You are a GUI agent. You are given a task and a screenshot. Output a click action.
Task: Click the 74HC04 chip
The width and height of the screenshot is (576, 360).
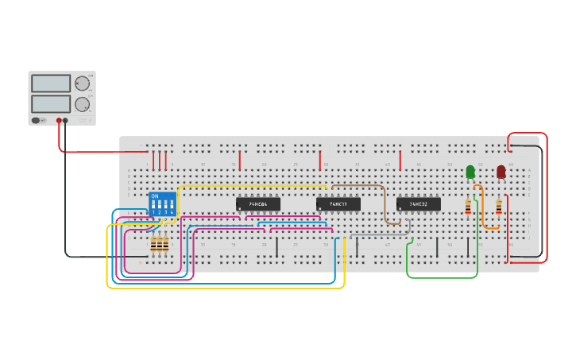tap(258, 204)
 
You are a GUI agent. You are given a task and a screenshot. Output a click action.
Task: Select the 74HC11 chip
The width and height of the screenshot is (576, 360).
tap(338, 204)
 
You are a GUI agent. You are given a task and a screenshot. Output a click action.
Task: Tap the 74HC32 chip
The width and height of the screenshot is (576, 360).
tap(418, 204)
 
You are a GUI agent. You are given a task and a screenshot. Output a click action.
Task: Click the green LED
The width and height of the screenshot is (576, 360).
tap(470, 171)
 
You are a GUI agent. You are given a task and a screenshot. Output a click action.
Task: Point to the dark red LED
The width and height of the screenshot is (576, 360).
tap(501, 171)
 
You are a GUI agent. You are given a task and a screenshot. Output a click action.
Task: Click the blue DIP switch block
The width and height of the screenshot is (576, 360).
tap(163, 203)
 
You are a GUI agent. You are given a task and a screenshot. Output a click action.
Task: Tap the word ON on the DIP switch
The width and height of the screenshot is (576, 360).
tap(154, 195)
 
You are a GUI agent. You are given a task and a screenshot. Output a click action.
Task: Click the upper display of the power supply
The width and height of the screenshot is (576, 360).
tap(51, 83)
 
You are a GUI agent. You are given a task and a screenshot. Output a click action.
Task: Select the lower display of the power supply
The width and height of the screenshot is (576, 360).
tap(51, 103)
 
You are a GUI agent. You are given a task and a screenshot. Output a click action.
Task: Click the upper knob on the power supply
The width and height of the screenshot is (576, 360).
tap(82, 83)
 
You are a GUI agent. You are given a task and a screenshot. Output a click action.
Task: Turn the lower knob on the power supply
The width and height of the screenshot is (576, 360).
tap(82, 103)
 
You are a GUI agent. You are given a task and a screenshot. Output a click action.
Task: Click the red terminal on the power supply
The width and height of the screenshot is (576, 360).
tap(59, 121)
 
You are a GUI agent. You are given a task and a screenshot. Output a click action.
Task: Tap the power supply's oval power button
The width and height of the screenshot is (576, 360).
tap(36, 121)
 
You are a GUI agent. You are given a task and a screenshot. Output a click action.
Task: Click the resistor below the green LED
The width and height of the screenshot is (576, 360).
tap(468, 207)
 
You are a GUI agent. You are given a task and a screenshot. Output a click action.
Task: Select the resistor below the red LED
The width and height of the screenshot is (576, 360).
tap(499, 207)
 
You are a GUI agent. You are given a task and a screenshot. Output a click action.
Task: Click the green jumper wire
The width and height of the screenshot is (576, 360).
tap(442, 277)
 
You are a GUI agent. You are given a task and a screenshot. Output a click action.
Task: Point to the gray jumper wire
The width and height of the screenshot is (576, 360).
tap(381, 236)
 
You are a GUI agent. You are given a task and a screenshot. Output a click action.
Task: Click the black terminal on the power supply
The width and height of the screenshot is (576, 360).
tap(66, 121)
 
